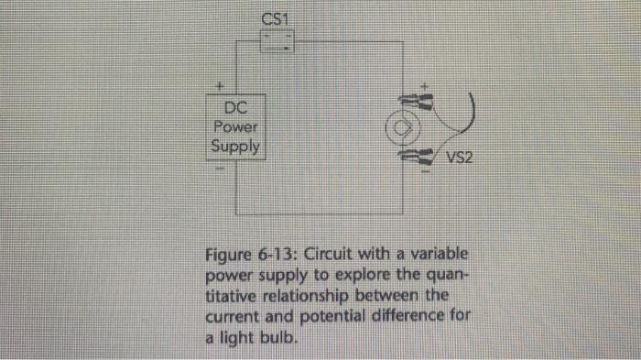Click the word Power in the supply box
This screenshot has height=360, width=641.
pos(235,127)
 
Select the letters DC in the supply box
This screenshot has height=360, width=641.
pos(235,109)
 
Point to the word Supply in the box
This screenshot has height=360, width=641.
pos(235,147)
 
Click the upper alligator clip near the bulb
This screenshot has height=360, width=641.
pos(422,102)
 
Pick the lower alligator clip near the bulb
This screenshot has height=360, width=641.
pos(422,156)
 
